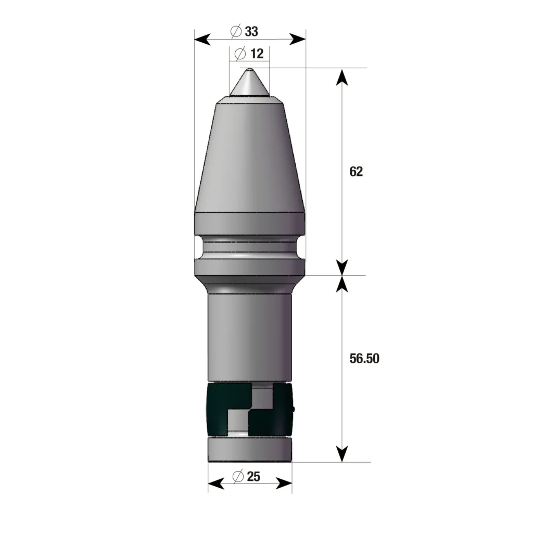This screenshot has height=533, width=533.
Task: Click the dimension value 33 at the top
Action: (252, 32)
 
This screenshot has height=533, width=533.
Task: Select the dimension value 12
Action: (257, 54)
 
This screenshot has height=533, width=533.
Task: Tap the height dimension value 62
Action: (356, 172)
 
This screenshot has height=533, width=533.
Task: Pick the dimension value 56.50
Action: (364, 359)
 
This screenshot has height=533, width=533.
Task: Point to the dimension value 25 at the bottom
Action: (253, 476)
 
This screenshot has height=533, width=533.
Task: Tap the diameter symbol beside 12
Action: (240, 54)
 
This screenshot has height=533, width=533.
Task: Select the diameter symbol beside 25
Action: (237, 476)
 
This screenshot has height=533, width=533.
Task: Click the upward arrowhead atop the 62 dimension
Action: (341, 77)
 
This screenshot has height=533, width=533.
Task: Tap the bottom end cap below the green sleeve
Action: (250, 450)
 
